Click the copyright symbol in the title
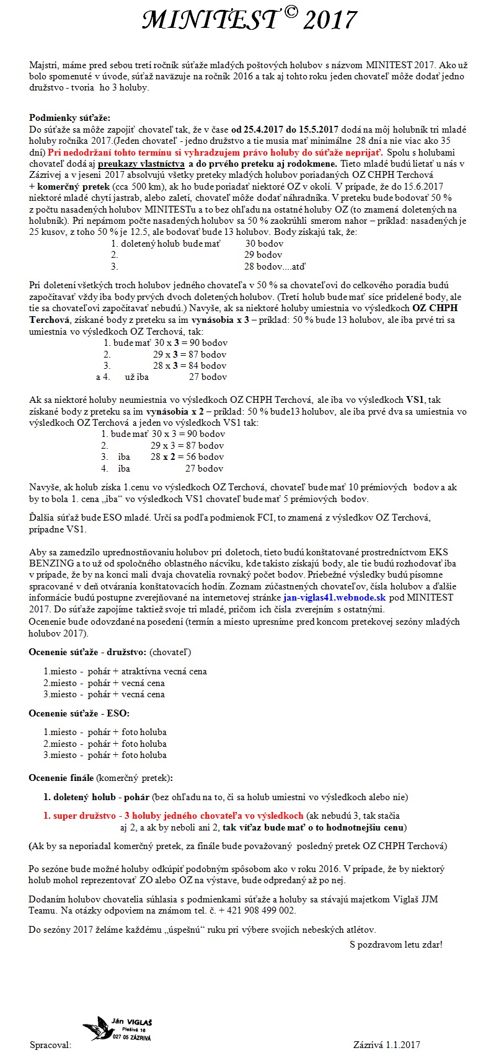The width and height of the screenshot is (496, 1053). (x=288, y=14)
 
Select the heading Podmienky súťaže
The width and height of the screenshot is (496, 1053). (x=69, y=118)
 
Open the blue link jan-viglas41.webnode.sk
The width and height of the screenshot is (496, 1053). (x=334, y=597)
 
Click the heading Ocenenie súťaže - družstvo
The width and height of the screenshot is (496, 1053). (x=87, y=652)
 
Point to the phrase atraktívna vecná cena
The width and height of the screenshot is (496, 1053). (x=164, y=671)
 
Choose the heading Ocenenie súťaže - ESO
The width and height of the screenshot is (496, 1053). (x=79, y=713)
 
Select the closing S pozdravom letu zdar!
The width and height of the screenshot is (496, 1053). (x=396, y=945)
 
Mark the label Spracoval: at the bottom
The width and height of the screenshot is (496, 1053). (x=50, y=1044)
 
